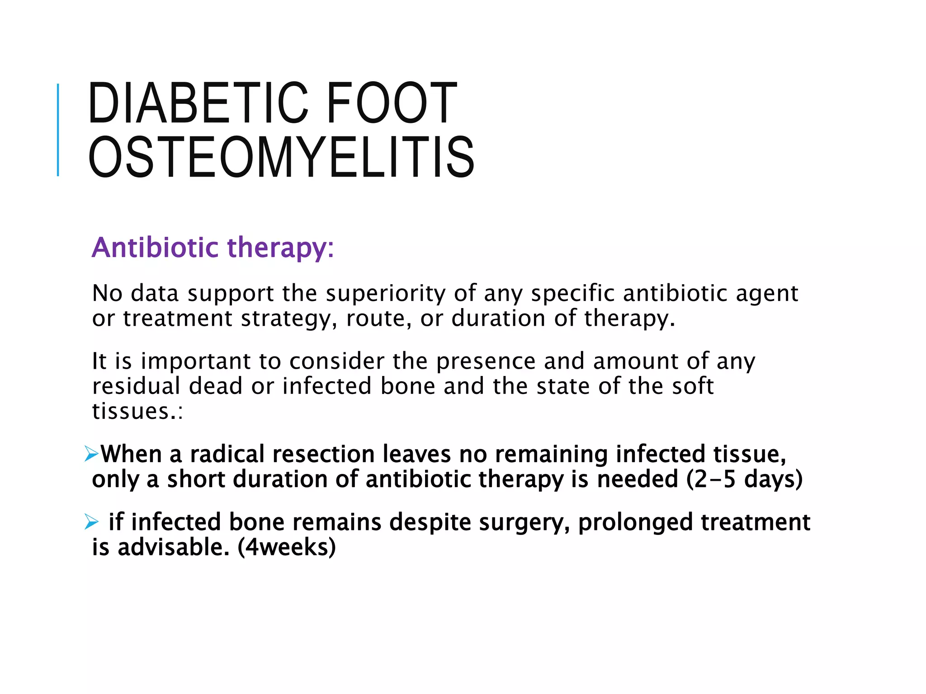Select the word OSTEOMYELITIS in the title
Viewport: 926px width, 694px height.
tap(281, 157)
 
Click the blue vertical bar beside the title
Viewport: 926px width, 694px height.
tap(58, 130)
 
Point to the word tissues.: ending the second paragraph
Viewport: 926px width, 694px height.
tap(137, 411)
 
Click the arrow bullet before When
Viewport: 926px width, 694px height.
tap(91, 454)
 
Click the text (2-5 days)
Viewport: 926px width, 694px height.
tap(744, 479)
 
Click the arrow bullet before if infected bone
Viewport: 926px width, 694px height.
tap(91, 522)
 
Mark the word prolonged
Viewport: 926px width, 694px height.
tap(635, 523)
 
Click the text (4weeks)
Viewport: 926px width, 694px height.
tap(287, 547)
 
